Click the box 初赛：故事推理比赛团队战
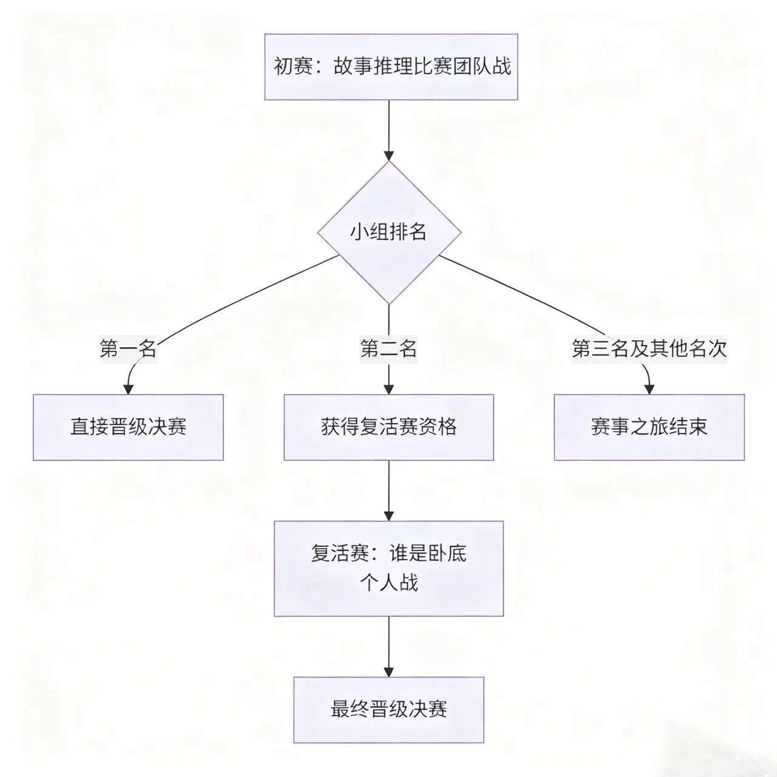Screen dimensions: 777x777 click(x=391, y=67)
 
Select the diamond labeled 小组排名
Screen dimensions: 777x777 click(x=389, y=232)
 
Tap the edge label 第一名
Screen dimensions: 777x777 click(x=128, y=348)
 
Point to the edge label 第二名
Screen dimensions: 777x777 click(x=388, y=348)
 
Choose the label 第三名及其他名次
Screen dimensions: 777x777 click(x=649, y=348)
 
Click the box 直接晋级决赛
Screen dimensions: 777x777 click(x=128, y=427)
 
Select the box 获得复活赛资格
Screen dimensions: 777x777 click(x=388, y=427)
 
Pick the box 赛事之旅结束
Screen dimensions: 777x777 click(x=649, y=427)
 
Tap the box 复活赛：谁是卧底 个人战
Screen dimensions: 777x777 click(x=388, y=568)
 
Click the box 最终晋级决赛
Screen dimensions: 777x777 click(x=388, y=709)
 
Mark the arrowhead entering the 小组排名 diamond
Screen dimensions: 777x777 click(x=389, y=155)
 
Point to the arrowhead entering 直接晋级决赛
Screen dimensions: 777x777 click(x=128, y=389)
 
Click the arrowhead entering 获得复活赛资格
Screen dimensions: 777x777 click(x=389, y=389)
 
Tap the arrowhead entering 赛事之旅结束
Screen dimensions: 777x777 click(x=649, y=389)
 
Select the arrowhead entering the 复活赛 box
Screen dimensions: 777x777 click(x=389, y=515)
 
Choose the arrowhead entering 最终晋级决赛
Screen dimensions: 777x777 click(x=389, y=671)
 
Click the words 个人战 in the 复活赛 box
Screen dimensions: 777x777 click(x=388, y=583)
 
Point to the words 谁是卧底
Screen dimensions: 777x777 click(x=428, y=554)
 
